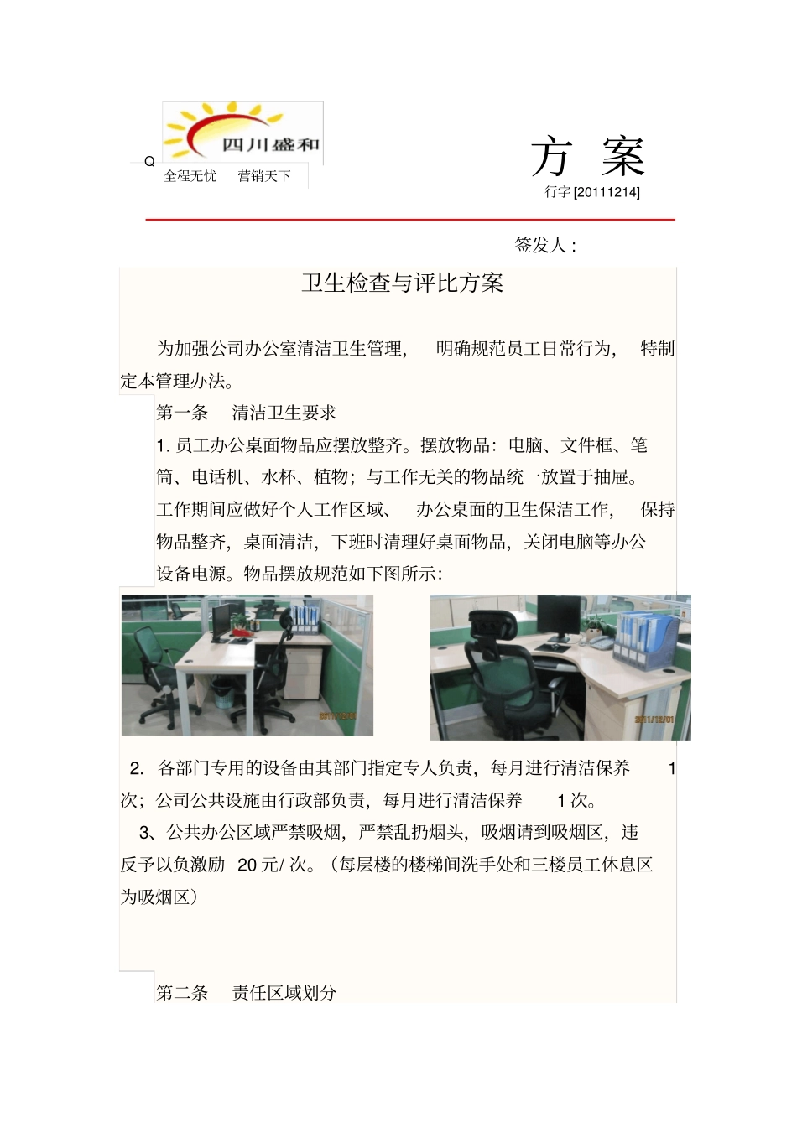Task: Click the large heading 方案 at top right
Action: pyautogui.click(x=586, y=157)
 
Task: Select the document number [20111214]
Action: pyautogui.click(x=607, y=192)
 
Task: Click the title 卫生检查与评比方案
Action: pyautogui.click(x=402, y=283)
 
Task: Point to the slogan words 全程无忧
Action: pyautogui.click(x=190, y=176)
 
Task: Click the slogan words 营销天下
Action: pyautogui.click(x=264, y=176)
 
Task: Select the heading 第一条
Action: pyautogui.click(x=182, y=413)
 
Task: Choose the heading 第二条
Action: pyautogui.click(x=182, y=993)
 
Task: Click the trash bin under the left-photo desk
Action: pyautogui.click(x=222, y=693)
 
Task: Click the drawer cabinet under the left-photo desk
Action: pyautogui.click(x=303, y=675)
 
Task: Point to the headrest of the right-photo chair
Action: pyautogui.click(x=492, y=625)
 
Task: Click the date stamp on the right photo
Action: pyautogui.click(x=654, y=720)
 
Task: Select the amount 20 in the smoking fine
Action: pyautogui.click(x=247, y=865)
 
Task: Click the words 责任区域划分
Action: pyautogui.click(x=284, y=993)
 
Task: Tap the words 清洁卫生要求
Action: pyautogui.click(x=284, y=413)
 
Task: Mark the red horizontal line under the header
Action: pyautogui.click(x=410, y=220)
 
